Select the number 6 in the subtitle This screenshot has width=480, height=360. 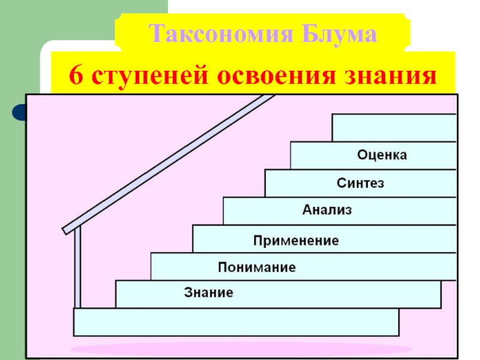point(75,77)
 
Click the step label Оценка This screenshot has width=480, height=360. point(382,155)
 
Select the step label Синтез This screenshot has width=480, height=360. point(360,183)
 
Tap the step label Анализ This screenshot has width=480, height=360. point(326,211)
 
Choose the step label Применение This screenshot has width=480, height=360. point(296,241)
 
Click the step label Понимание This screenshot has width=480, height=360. point(257,268)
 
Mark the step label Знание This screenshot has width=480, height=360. point(208,294)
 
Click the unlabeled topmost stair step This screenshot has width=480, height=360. point(394,127)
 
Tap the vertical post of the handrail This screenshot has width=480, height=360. point(78,270)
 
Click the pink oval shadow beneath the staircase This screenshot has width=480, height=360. point(240,349)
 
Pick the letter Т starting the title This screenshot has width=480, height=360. point(155,34)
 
